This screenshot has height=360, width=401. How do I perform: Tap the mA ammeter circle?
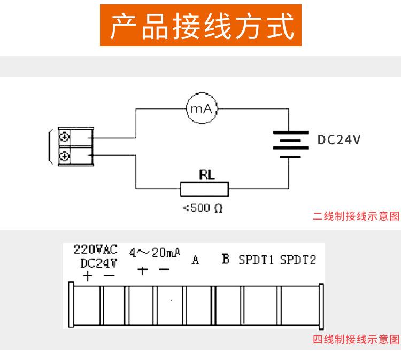tap(202, 109)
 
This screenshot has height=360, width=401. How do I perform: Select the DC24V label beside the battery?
tap(339, 140)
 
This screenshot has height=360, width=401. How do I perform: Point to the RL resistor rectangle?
tap(204, 189)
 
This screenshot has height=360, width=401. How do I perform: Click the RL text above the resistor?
tap(206, 175)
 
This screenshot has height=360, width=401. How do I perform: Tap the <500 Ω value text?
tap(203, 208)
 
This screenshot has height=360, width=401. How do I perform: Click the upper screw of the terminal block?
tap(65, 137)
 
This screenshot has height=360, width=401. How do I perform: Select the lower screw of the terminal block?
tap(65, 156)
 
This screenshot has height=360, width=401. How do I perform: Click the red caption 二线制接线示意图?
tap(356, 216)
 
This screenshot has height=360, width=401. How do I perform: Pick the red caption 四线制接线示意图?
tap(356, 339)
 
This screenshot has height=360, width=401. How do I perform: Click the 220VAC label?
tap(95, 249)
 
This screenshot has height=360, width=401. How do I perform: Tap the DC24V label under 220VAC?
tap(99, 263)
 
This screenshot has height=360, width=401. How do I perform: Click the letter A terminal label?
tap(195, 261)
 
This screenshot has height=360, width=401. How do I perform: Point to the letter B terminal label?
tap(225, 260)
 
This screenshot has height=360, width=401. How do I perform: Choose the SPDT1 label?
tap(256, 260)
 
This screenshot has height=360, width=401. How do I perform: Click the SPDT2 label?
tap(298, 260)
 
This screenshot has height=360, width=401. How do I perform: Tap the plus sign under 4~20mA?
tap(142, 270)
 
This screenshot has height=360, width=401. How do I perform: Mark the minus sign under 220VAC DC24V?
tap(109, 276)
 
